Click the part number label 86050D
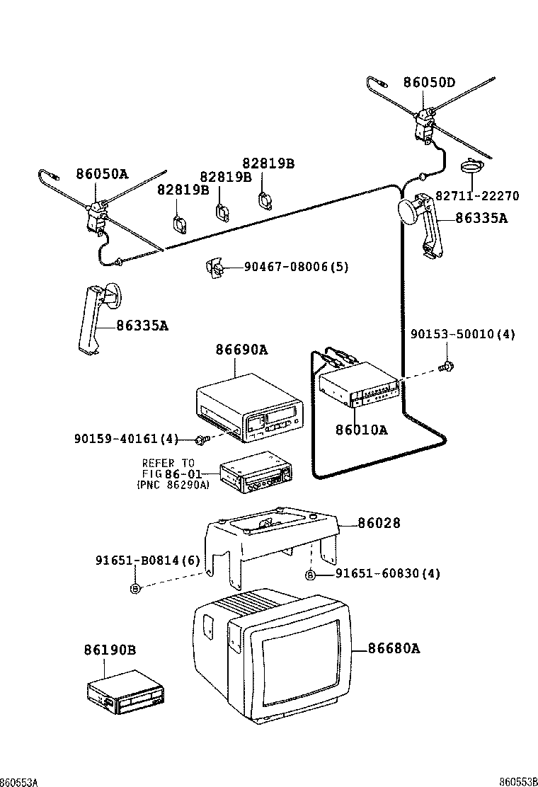point(429,82)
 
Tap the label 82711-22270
point(476,196)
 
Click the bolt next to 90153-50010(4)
point(447,367)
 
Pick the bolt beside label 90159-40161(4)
point(200,440)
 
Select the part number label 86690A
point(241,350)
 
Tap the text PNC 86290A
point(173,485)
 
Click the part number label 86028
point(379,523)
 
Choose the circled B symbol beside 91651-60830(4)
point(310,574)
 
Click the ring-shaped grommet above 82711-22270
point(471,167)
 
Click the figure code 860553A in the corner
point(19,781)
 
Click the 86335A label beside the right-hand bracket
point(481,218)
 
